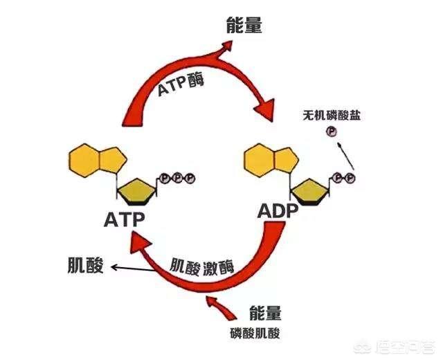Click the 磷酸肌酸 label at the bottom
258,332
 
